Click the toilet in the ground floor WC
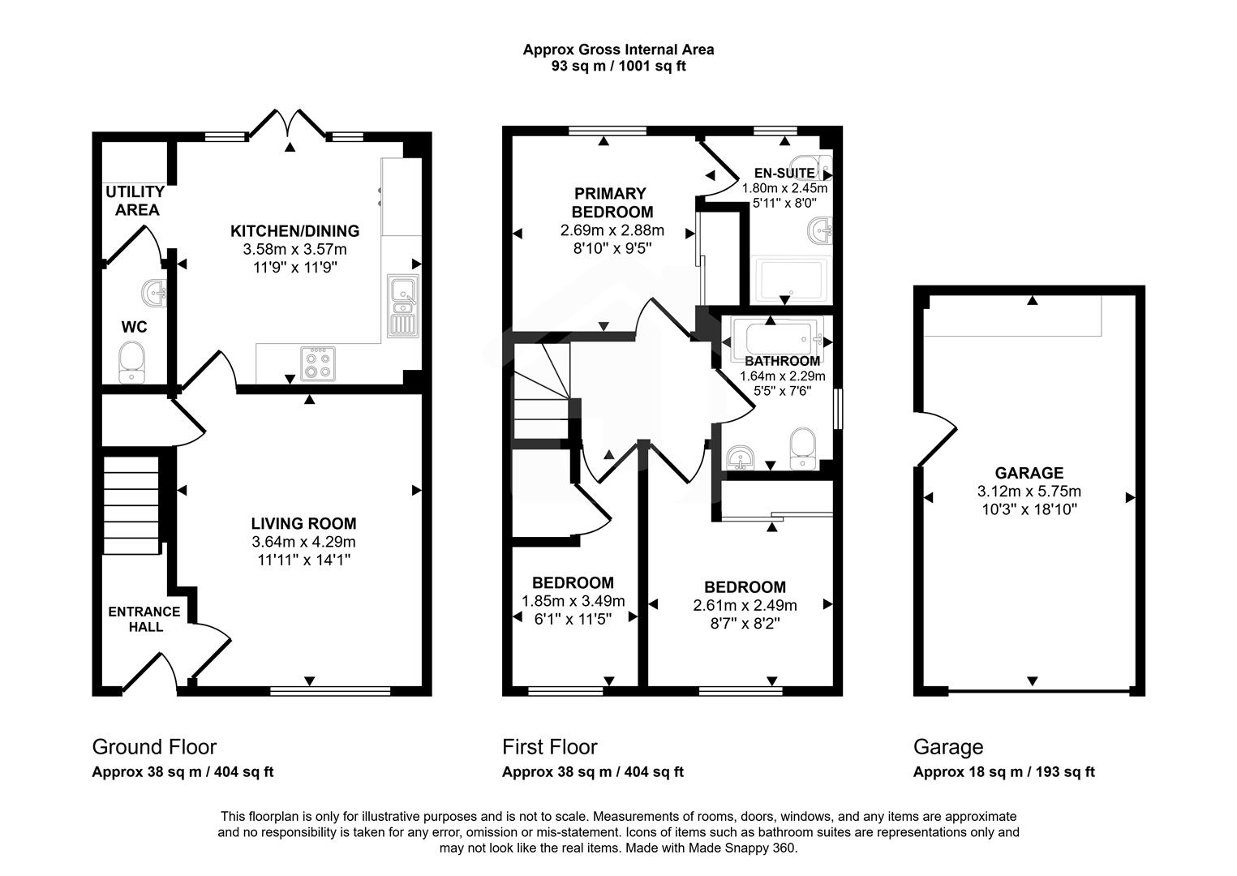pyautogui.click(x=131, y=363)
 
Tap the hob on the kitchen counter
pyautogui.click(x=317, y=363)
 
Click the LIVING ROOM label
pyautogui.click(x=303, y=524)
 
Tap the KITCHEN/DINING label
pyautogui.click(x=294, y=231)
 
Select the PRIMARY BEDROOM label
pyautogui.click(x=612, y=203)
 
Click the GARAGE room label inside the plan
pyautogui.click(x=1029, y=473)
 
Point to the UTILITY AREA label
pyautogui.click(x=135, y=201)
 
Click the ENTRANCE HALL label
pyautogui.click(x=144, y=619)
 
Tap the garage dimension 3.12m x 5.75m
pyautogui.click(x=1029, y=492)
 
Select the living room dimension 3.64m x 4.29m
pyautogui.click(x=303, y=542)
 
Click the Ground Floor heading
pyautogui.click(x=154, y=746)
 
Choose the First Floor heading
pyautogui.click(x=549, y=746)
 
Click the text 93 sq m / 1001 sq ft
pyautogui.click(x=618, y=67)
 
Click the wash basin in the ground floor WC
pyautogui.click(x=154, y=290)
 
